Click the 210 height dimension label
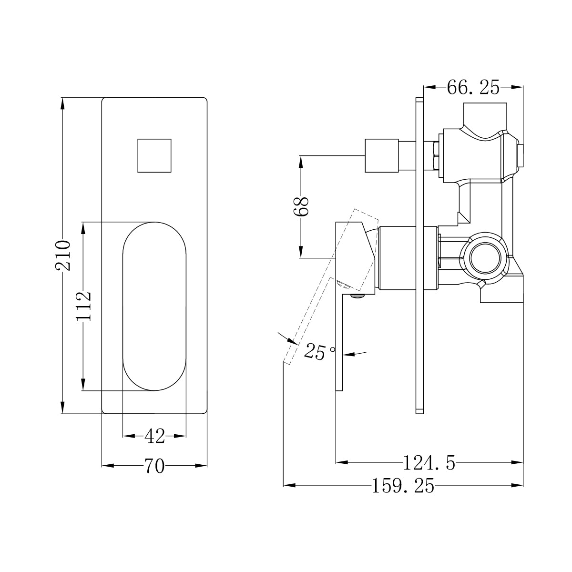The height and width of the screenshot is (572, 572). tap(62, 255)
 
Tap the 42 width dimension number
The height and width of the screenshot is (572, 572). tap(154, 436)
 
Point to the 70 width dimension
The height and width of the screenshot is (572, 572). tap(154, 466)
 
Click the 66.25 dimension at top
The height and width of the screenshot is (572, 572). tap(473, 87)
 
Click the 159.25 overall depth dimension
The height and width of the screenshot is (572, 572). tap(403, 486)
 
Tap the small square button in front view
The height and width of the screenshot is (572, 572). tap(154, 155)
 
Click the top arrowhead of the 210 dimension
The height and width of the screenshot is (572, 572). tap(62, 103)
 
